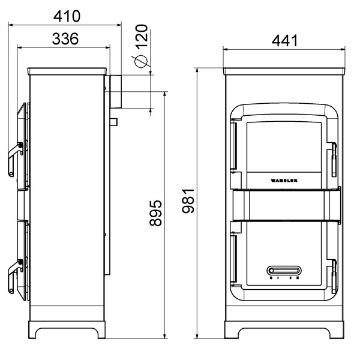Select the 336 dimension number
click(x=64, y=40)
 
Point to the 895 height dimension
click(x=156, y=212)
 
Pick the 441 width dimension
click(x=284, y=41)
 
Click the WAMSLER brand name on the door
click(x=284, y=179)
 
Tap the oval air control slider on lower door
click(x=284, y=269)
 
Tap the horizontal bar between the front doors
click(x=284, y=203)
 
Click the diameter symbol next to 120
click(x=140, y=61)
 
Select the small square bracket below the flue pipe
click(x=112, y=122)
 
